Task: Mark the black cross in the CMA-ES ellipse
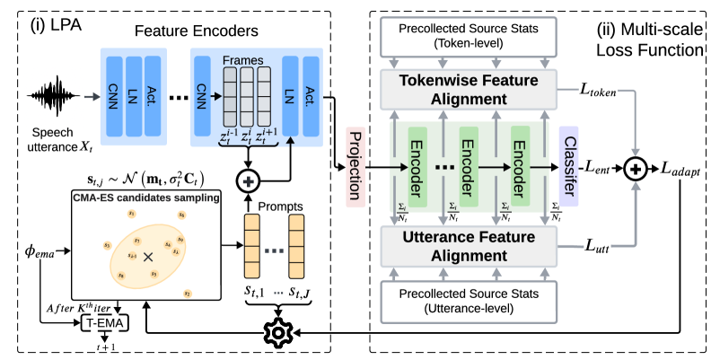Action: [x=148, y=256]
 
